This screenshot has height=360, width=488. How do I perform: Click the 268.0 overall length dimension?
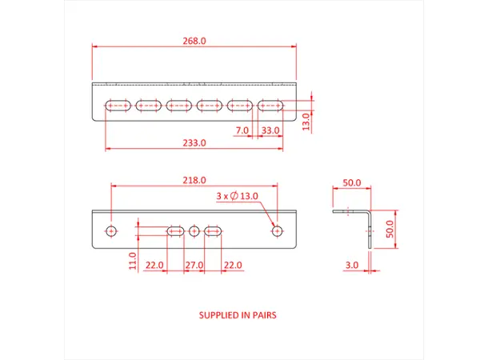195,40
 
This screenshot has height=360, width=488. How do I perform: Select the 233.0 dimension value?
195,142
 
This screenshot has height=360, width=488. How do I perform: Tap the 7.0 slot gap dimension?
242,130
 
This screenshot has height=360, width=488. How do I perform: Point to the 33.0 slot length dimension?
270,130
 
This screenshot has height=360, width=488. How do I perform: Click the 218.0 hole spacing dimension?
195,180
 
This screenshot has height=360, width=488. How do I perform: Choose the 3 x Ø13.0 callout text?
237,195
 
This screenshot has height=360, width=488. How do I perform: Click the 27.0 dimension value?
194,265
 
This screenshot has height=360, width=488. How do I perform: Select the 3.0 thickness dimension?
352,265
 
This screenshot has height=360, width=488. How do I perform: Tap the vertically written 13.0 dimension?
306,120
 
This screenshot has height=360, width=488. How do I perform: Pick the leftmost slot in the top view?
118,105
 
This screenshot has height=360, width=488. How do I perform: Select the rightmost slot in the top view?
271,105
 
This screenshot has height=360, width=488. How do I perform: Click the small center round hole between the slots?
194,231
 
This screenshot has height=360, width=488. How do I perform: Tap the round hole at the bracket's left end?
111,231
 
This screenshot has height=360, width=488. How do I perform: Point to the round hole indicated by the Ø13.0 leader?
277,230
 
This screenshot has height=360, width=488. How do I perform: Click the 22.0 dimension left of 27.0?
155,265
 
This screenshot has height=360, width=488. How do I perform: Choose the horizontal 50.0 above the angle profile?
352,183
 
